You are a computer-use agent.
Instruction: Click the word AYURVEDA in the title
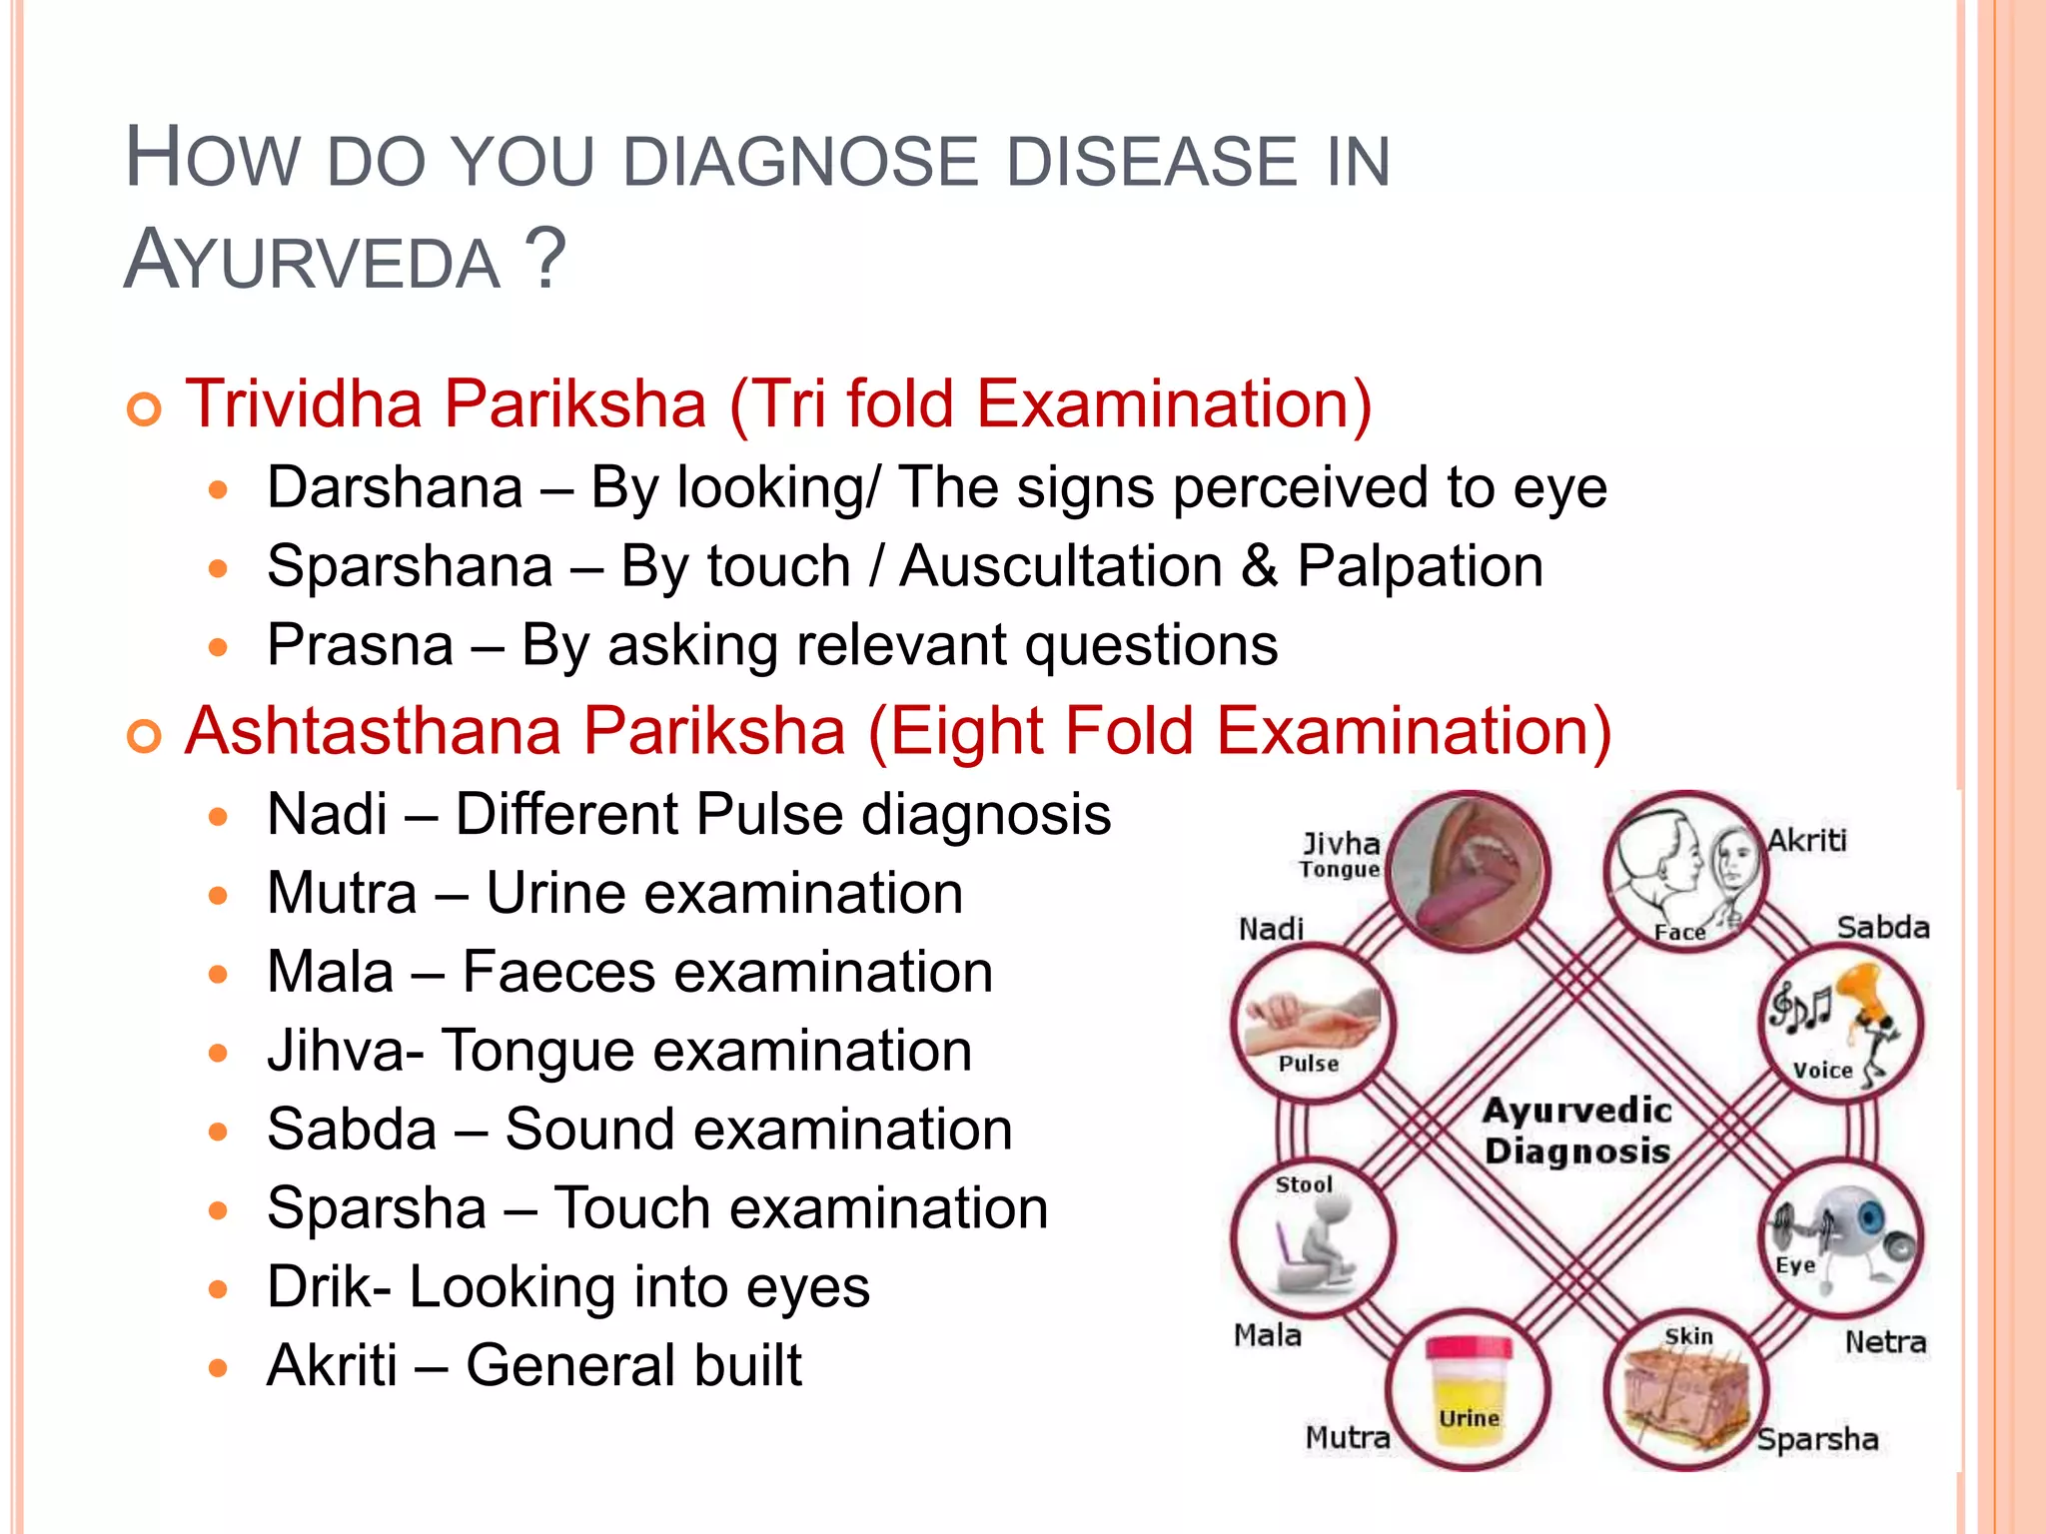(312, 260)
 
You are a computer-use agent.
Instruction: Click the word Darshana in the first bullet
(395, 488)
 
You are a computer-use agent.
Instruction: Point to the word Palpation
(1420, 566)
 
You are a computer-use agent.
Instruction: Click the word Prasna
(360, 645)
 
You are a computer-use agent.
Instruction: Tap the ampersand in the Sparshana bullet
(1259, 566)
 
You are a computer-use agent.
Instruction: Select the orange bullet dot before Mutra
(219, 895)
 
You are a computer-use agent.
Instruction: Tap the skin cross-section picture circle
(1686, 1390)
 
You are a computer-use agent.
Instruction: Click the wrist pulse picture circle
(1311, 1023)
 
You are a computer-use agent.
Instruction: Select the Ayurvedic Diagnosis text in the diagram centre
(1576, 1131)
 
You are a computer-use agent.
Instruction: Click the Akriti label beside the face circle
(1807, 841)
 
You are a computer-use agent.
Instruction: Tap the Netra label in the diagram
(1885, 1342)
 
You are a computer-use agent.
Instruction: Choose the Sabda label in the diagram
(1883, 928)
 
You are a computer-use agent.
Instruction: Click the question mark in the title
(545, 258)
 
